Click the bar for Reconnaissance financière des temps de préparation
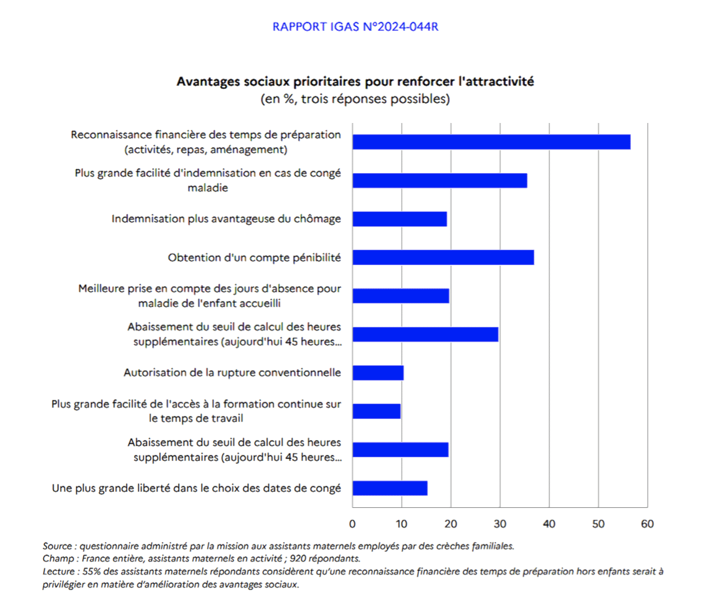point(491,142)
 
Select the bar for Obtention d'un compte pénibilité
point(444,258)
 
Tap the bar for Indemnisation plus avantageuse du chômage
point(400,219)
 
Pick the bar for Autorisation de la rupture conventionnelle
point(378,373)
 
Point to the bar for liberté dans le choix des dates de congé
point(390,488)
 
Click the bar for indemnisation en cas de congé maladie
point(440,180)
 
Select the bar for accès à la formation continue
point(377,411)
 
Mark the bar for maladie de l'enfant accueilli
point(400,295)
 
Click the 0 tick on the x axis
point(352,524)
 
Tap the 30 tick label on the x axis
point(500,524)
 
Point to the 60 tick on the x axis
point(648,524)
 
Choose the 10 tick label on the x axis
point(402,524)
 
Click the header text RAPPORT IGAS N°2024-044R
point(355,27)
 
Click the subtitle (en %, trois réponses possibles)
point(355,99)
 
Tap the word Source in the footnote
point(57,546)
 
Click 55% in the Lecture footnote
point(91,572)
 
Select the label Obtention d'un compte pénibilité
point(255,258)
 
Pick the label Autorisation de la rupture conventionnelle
point(232,373)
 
